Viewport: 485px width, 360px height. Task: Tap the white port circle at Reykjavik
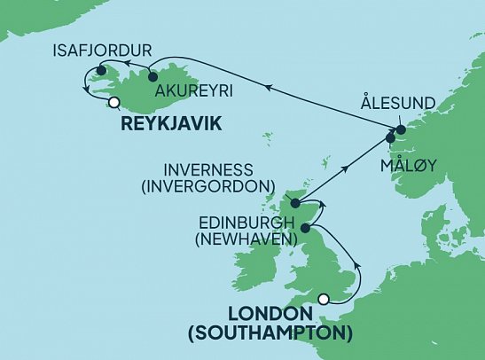point(113,102)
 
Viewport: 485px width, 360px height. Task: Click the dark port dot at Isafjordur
point(102,71)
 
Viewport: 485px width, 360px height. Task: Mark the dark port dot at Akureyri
point(153,76)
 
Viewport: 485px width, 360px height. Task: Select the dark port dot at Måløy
point(390,138)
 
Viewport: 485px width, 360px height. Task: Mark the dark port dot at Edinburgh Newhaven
point(306,229)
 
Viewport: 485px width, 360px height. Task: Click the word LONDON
point(270,315)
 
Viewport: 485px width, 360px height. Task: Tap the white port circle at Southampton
point(325,299)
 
